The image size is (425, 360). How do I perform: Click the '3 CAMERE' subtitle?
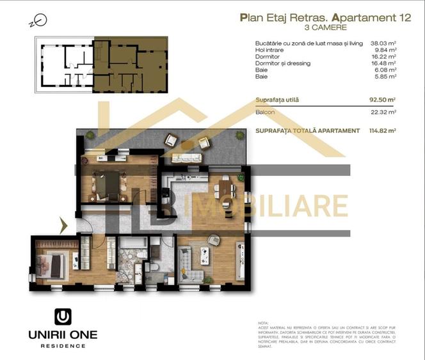(x=326, y=28)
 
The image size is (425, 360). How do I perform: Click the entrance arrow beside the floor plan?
(x=63, y=224)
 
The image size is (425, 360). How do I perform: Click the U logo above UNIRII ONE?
(x=61, y=317)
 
